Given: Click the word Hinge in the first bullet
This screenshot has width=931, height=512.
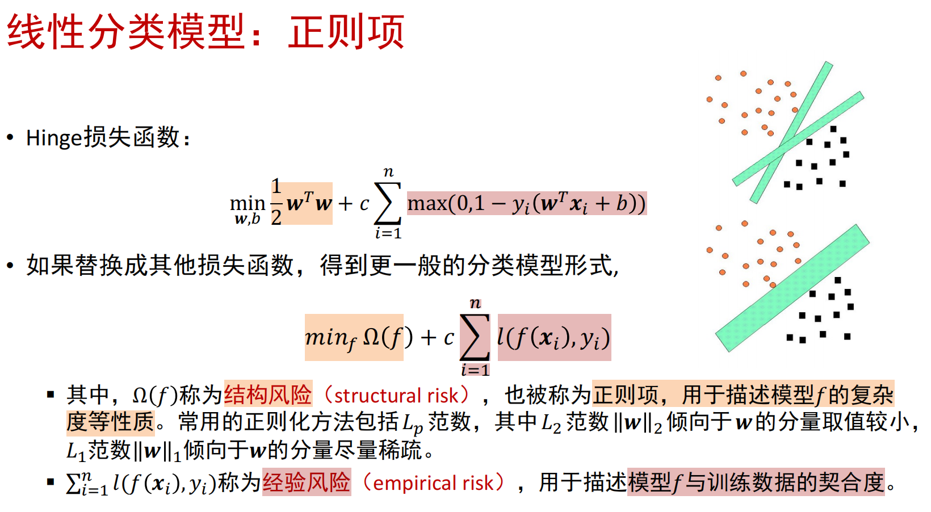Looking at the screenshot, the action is pyautogui.click(x=54, y=138).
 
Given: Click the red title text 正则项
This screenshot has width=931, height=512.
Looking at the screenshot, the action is pyautogui.click(x=346, y=32).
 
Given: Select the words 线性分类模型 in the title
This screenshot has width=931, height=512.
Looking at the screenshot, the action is pyautogui.click(x=125, y=32).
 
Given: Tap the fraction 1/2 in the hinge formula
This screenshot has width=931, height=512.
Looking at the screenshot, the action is pyautogui.click(x=276, y=202).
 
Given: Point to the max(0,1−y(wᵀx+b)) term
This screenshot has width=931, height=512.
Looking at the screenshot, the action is pyautogui.click(x=527, y=204).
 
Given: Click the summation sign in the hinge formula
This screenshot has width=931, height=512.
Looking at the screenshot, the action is pyautogui.click(x=388, y=204).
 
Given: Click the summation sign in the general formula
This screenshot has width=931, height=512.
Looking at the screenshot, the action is pyautogui.click(x=475, y=337).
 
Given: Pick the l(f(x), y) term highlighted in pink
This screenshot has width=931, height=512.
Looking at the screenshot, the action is pyautogui.click(x=553, y=337).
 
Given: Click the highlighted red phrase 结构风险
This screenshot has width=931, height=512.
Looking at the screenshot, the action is pyautogui.click(x=268, y=394).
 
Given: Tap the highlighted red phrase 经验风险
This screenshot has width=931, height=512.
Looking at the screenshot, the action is pyautogui.click(x=307, y=482).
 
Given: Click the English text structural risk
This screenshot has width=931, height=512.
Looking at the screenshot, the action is pyautogui.click(x=396, y=395).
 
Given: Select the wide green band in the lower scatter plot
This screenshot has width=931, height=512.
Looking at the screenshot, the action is pyautogui.click(x=792, y=288).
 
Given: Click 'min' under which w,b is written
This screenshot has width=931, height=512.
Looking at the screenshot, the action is pyautogui.click(x=248, y=203).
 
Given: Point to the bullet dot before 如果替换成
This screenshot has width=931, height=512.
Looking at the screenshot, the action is pyautogui.click(x=11, y=265).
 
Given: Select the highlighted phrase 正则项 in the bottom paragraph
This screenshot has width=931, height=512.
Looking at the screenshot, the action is pyautogui.click(x=625, y=394).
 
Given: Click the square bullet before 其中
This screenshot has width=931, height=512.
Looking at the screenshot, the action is pyautogui.click(x=51, y=394).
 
